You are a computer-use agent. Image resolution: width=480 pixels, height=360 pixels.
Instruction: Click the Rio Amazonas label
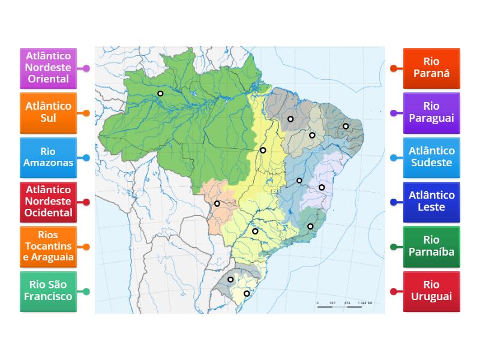pyautogui.click(x=48, y=157)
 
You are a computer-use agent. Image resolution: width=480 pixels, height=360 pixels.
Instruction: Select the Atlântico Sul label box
pyautogui.click(x=48, y=113)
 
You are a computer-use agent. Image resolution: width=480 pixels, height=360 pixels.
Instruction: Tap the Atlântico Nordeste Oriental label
pyautogui.click(x=48, y=68)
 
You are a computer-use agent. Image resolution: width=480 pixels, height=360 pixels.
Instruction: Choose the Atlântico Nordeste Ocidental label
pyautogui.click(x=48, y=202)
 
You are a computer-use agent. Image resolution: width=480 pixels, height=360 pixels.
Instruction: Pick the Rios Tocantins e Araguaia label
pyautogui.click(x=48, y=247)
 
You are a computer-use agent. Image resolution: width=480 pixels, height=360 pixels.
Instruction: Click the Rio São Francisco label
pyautogui.click(x=48, y=291)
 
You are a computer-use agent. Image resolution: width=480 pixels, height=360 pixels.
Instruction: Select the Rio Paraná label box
pyautogui.click(x=431, y=68)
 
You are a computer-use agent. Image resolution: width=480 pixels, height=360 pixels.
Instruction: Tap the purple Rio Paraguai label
pyautogui.click(x=431, y=113)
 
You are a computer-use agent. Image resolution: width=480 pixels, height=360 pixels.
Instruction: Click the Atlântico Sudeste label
pyautogui.click(x=431, y=157)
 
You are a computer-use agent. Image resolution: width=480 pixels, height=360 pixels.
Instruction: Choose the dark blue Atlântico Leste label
pyautogui.click(x=431, y=202)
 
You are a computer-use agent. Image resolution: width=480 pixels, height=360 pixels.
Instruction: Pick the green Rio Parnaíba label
pyautogui.click(x=431, y=247)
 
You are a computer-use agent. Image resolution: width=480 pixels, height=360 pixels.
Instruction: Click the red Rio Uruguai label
pyautogui.click(x=431, y=291)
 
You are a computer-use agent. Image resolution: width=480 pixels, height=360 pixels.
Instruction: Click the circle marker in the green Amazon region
pyautogui.click(x=160, y=93)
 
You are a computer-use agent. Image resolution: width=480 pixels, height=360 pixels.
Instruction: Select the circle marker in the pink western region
pyautogui.click(x=217, y=203)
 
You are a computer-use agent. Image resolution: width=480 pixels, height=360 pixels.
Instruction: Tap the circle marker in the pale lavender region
pyautogui.click(x=322, y=187)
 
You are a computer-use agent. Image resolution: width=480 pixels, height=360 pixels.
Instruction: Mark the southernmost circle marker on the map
pyautogui.click(x=246, y=293)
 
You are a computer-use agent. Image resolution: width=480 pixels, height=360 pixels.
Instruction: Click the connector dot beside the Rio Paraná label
pyautogui.click(x=393, y=68)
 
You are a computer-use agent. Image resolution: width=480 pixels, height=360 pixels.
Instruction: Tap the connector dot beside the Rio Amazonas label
pyautogui.click(x=86, y=158)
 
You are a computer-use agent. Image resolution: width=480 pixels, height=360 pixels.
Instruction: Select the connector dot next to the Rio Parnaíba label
pyautogui.click(x=393, y=247)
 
